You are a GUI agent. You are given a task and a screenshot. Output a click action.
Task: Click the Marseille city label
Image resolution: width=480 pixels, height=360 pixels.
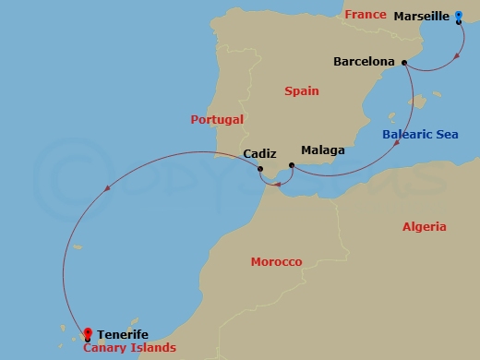(422, 17)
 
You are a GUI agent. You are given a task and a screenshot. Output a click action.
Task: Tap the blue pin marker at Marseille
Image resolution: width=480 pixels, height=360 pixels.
(459, 18)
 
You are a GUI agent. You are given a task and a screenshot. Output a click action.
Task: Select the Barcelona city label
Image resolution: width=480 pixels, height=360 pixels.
(365, 62)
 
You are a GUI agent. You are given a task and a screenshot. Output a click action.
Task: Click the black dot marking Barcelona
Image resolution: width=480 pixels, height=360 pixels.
(403, 62)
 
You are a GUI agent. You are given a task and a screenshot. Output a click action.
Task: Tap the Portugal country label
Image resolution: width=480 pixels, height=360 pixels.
(217, 119)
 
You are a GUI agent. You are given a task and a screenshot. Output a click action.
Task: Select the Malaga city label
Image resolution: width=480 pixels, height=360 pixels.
(322, 150)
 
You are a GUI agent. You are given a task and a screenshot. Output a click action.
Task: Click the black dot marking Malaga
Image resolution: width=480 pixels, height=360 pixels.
(292, 165)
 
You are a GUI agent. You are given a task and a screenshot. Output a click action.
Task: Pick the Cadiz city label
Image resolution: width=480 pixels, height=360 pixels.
(259, 155)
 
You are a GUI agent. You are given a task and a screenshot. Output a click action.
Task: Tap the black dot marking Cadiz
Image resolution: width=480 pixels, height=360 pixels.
(260, 171)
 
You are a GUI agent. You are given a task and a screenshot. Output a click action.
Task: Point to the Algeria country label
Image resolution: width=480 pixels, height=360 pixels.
(425, 226)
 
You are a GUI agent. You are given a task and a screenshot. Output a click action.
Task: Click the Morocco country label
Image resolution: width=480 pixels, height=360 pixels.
(276, 262)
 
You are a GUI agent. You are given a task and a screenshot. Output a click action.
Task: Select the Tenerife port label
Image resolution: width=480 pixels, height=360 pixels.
(123, 334)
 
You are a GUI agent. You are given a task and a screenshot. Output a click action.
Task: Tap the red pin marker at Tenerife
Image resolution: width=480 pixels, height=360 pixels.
(88, 333)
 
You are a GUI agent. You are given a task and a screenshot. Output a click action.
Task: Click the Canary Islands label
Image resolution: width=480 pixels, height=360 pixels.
(129, 348)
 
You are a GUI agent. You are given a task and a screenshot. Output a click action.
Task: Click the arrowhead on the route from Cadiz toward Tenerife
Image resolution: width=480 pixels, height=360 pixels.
(110, 189)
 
